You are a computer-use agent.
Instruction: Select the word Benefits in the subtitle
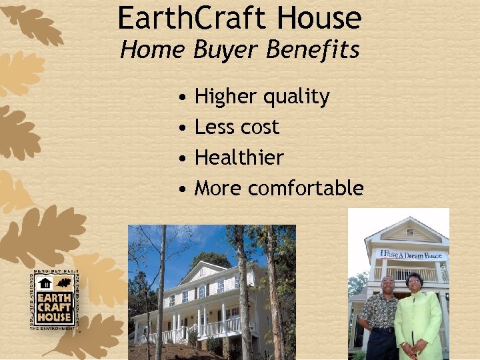coord(319,50)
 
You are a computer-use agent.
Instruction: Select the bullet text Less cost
coord(237,127)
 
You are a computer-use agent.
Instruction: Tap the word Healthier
coord(239,158)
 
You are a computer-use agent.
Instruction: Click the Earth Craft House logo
coord(55,301)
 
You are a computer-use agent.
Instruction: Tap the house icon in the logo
coord(45,283)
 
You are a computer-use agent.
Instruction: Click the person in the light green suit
coord(417,317)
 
